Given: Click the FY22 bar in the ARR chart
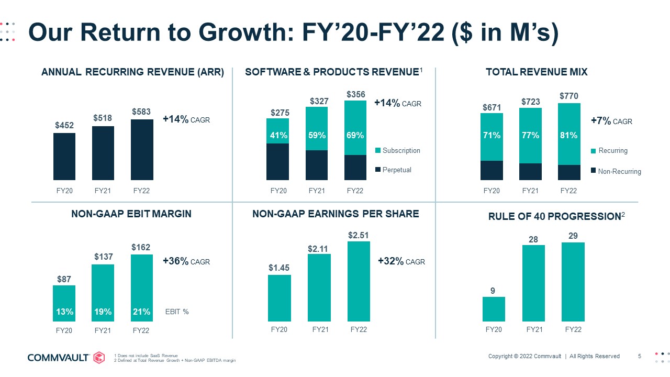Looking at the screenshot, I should (x=142, y=150).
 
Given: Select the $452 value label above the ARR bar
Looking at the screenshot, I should (x=64, y=126).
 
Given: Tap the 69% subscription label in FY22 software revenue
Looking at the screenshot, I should (x=355, y=136).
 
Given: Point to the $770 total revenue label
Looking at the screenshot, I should (x=569, y=96).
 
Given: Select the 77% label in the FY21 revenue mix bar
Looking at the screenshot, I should (x=530, y=136).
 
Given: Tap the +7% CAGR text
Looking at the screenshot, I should (x=611, y=121).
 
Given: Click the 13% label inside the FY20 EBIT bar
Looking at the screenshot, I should (x=64, y=312).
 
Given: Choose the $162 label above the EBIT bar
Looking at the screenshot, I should (x=141, y=247).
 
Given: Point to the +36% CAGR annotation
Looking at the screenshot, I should (x=186, y=261).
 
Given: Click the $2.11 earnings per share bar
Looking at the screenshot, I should (x=319, y=287).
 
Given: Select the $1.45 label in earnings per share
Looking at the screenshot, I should (x=279, y=268).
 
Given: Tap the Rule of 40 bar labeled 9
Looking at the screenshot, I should (x=494, y=309).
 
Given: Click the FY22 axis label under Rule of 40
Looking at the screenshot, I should (x=573, y=329).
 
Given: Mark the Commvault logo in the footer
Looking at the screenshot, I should (x=66, y=358).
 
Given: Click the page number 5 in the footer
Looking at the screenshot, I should (x=639, y=357).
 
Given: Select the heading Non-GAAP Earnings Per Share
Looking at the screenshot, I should (x=336, y=214).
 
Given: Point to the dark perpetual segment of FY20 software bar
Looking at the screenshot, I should (x=277, y=161).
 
